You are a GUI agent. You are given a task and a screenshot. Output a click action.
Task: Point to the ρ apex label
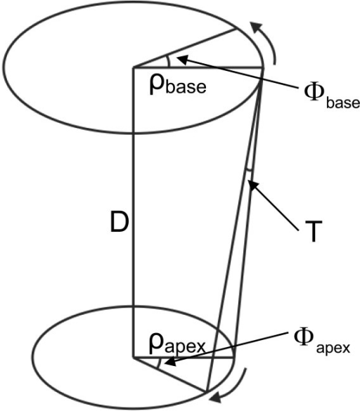[x=176, y=344]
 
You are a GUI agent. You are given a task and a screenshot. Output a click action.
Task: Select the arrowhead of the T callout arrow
[x=252, y=185]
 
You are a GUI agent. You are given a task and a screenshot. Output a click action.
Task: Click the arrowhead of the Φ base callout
[x=176, y=57]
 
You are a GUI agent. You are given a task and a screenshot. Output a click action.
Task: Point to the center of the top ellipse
[x=133, y=68]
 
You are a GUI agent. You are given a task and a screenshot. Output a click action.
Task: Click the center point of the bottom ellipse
[x=133, y=356]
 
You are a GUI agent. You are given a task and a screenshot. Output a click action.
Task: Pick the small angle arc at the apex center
[x=164, y=363]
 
